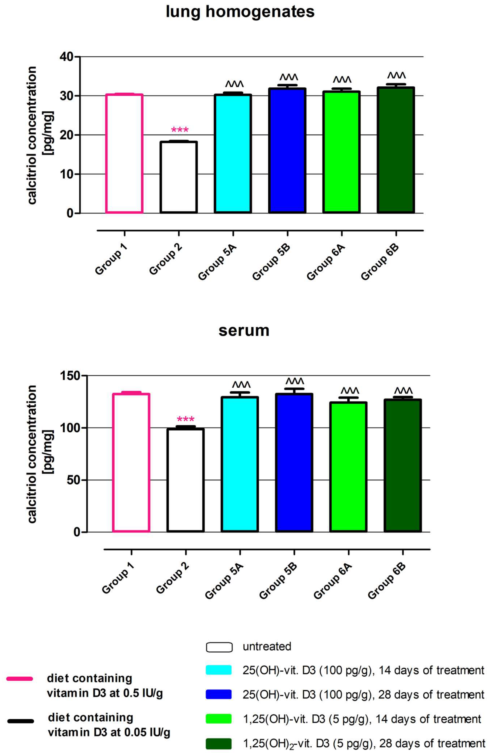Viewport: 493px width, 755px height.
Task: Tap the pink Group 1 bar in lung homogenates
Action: pyautogui.click(x=124, y=154)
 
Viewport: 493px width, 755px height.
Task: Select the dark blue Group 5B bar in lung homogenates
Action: pyautogui.click(x=287, y=151)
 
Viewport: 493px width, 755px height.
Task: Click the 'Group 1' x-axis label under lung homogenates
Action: pyautogui.click(x=111, y=260)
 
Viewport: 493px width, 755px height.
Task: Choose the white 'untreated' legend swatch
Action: pyautogui.click(x=219, y=647)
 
